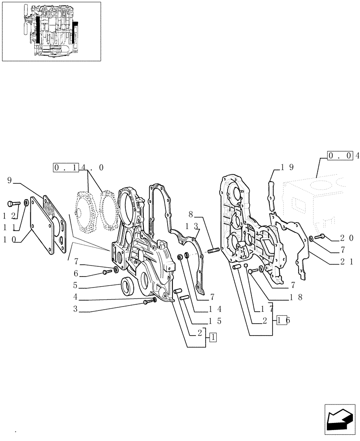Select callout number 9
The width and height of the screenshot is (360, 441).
(x=10, y=180)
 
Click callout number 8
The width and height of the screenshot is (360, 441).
(x=191, y=215)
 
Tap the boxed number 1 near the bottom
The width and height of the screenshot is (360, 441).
(x=213, y=338)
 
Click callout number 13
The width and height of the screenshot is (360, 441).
(x=191, y=226)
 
